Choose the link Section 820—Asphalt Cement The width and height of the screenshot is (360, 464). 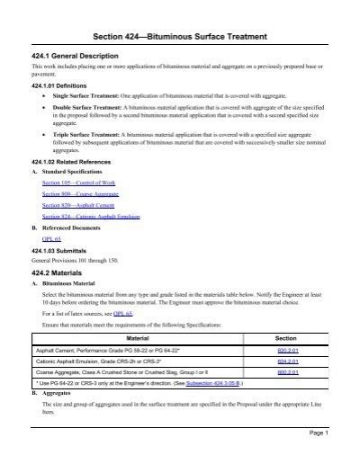tap(72, 206)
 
